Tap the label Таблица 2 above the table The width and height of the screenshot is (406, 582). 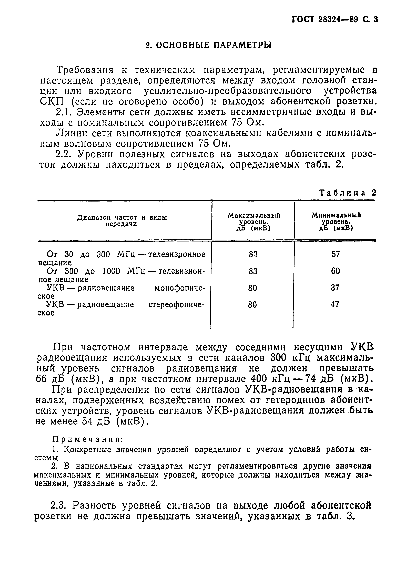coord(347,193)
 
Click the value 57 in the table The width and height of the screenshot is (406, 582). coord(336,254)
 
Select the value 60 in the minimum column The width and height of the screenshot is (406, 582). coord(335,271)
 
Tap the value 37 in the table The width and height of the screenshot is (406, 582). coord(335,288)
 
